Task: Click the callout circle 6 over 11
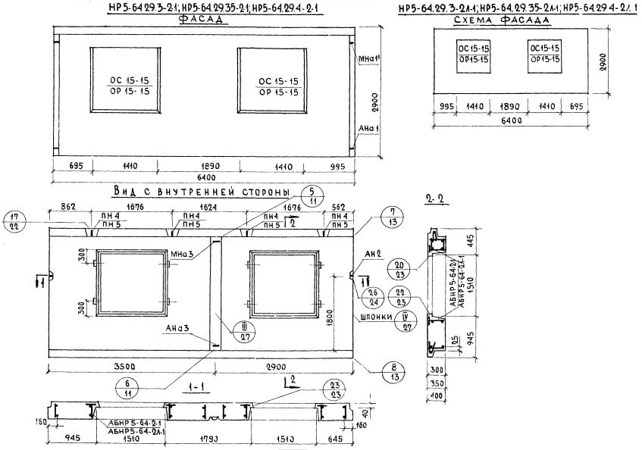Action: pyautogui.click(x=128, y=388)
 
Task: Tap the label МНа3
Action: pyautogui.click(x=180, y=252)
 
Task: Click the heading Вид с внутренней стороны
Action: pyautogui.click(x=201, y=191)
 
